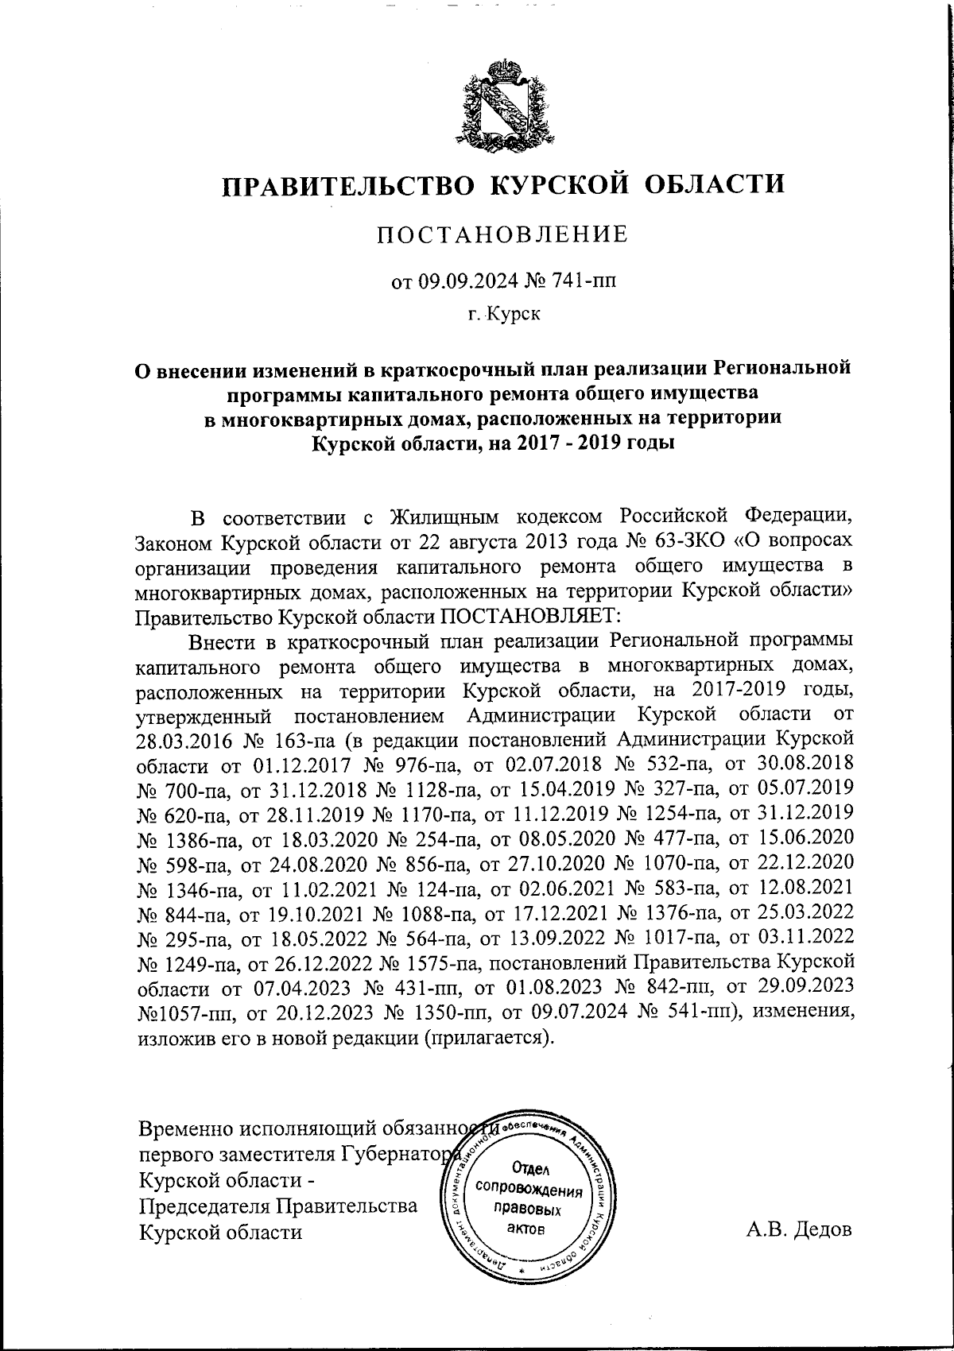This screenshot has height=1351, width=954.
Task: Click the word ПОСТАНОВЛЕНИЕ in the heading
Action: click(x=502, y=234)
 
